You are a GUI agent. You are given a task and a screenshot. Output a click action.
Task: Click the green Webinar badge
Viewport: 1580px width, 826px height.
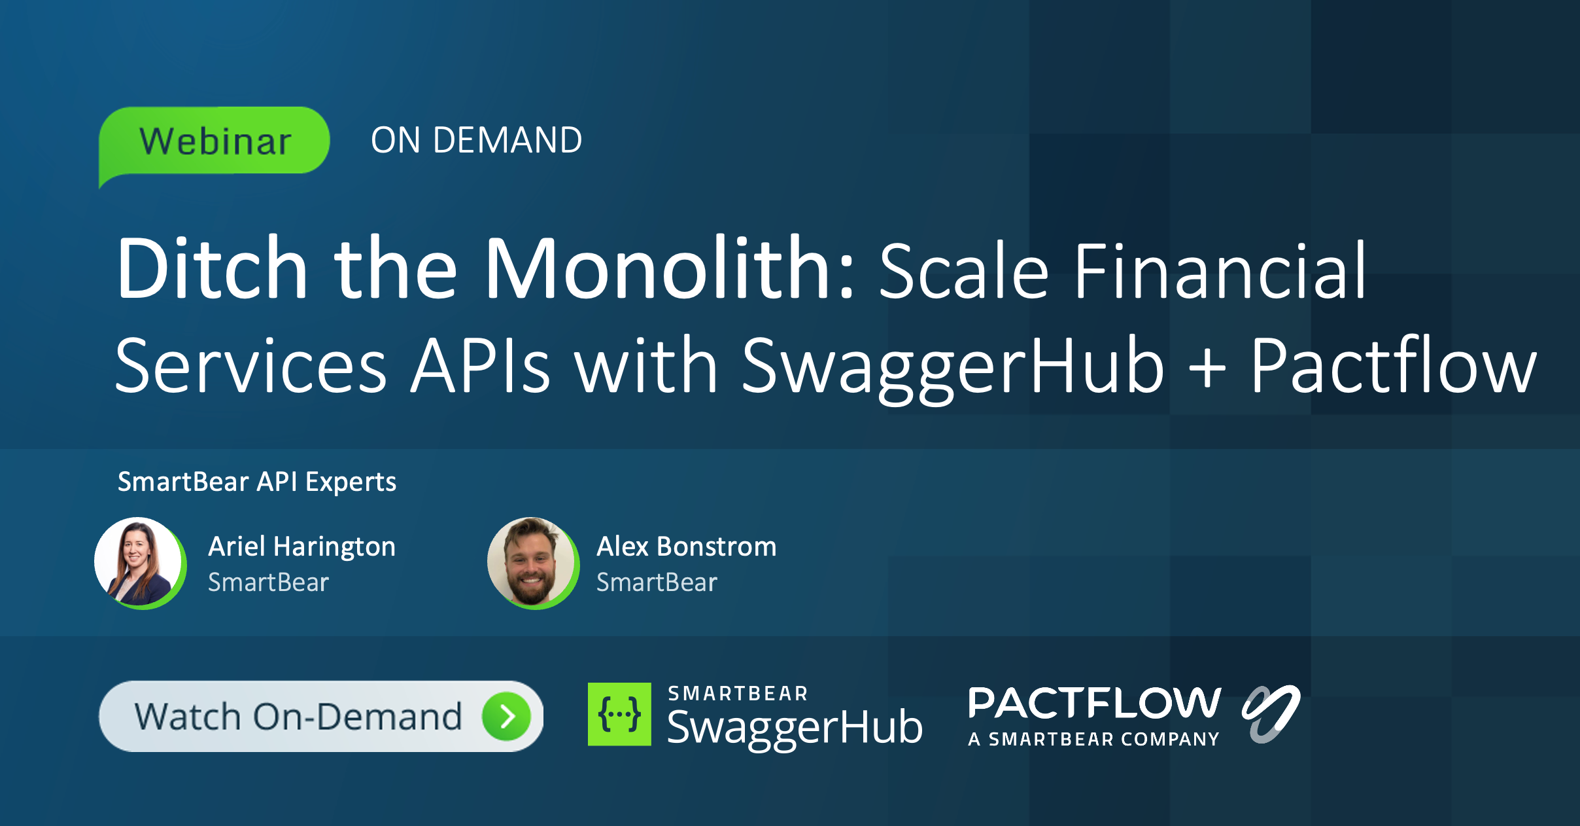click(215, 141)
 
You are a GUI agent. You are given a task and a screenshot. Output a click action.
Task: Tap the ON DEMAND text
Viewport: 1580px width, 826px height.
click(476, 140)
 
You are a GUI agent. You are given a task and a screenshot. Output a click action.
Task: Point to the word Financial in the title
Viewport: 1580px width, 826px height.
click(1220, 271)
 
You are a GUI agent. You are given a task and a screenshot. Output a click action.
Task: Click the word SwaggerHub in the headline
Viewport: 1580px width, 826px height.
click(953, 367)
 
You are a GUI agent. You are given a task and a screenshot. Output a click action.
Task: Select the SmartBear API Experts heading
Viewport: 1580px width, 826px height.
click(257, 482)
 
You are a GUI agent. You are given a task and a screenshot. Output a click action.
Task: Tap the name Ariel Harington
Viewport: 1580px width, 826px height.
click(301, 547)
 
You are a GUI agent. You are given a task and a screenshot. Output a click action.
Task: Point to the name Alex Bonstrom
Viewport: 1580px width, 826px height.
click(686, 547)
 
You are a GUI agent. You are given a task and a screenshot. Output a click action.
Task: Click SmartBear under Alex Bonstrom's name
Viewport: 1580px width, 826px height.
click(657, 583)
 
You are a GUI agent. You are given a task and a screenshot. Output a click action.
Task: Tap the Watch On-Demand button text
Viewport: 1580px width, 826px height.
click(298, 716)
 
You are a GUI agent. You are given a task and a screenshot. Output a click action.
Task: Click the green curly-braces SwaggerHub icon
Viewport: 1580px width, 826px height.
click(619, 714)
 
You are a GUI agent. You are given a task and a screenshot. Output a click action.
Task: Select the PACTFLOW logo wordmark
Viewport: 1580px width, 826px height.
click(1094, 703)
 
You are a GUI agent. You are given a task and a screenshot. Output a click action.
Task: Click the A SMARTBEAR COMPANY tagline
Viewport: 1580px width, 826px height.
click(1093, 740)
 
